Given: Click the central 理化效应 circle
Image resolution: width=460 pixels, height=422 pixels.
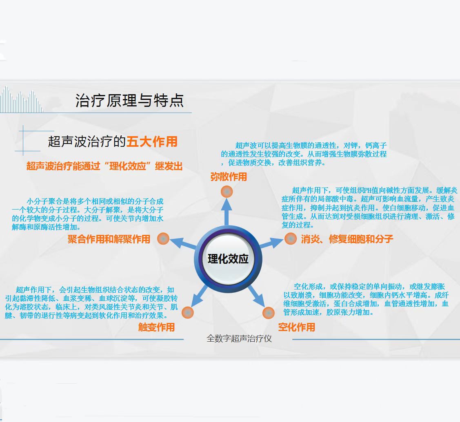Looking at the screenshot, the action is coord(228,259).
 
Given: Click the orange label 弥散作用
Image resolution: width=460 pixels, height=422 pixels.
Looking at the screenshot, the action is coord(229,177).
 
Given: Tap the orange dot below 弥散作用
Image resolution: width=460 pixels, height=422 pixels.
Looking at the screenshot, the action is coord(227,192).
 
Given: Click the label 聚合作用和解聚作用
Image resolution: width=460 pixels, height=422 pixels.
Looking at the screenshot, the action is coord(109,239).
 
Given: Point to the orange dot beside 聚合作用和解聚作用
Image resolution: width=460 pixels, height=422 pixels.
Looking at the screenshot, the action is coord(163,239).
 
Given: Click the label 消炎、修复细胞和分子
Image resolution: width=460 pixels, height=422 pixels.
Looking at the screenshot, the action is coord(347,239).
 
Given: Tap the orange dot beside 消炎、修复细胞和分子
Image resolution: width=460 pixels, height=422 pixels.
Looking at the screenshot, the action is coord(291,239).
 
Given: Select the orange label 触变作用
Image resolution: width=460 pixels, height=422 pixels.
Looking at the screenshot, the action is coord(157,327).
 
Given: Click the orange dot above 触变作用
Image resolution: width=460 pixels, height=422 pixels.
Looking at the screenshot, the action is coord(188,313).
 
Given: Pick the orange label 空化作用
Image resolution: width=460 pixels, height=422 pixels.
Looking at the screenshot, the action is coord(297,327).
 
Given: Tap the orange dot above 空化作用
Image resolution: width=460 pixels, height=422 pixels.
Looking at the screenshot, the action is coord(269,313).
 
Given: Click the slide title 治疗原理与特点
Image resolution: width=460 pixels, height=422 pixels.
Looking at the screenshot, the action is coord(129,101).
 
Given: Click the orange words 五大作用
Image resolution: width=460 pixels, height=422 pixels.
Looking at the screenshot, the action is coord(152,142).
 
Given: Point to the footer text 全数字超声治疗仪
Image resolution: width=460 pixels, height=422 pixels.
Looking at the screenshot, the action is coord(239,339).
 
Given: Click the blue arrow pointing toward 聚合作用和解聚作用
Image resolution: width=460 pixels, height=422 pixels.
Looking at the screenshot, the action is coord(183,243).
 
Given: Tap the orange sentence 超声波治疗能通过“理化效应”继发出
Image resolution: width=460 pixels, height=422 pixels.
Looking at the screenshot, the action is coord(104,166).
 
